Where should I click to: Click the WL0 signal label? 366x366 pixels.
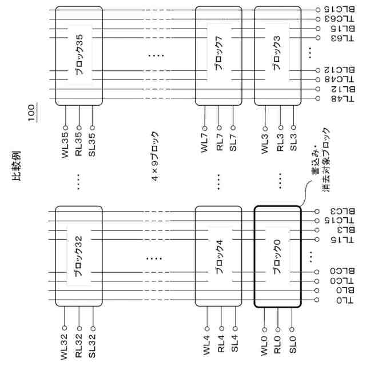[x=264, y=346]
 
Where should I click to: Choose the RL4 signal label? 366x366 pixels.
[x=220, y=345]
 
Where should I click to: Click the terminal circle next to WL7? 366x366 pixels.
[x=204, y=128]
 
